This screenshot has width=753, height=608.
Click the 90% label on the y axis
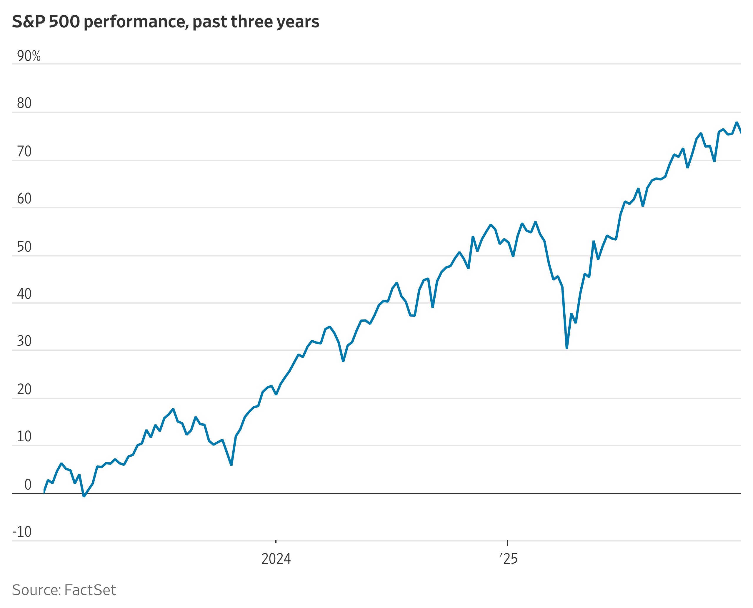click(29, 56)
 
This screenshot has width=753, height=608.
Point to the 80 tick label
click(24, 103)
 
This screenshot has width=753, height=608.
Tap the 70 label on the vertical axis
click(24, 152)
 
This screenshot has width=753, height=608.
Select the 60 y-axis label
click(24, 199)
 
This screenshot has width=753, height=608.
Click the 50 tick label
click(24, 247)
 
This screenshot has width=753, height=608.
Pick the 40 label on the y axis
click(24, 294)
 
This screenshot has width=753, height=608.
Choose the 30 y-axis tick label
click(24, 342)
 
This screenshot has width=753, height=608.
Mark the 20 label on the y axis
click(24, 390)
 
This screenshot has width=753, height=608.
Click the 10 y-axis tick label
click(24, 437)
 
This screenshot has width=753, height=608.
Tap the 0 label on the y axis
click(28, 485)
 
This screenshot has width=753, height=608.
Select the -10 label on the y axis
click(22, 532)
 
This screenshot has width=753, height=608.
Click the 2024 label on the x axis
click(276, 559)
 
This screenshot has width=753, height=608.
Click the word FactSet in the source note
click(90, 590)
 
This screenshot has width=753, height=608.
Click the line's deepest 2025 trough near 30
click(567, 348)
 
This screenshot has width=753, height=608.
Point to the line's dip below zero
click(84, 496)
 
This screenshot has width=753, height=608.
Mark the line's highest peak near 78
click(737, 122)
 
